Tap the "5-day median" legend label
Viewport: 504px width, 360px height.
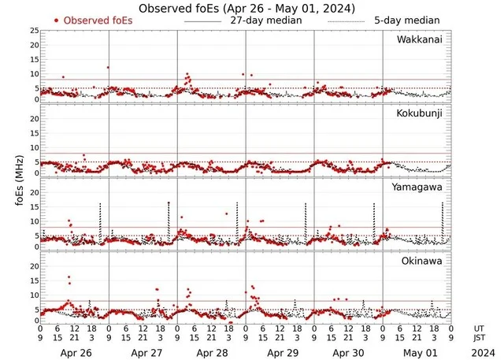405,20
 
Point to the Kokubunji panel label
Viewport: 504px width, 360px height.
421,113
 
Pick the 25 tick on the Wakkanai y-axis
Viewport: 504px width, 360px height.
34,31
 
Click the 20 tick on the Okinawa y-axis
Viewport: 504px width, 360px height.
34,265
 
